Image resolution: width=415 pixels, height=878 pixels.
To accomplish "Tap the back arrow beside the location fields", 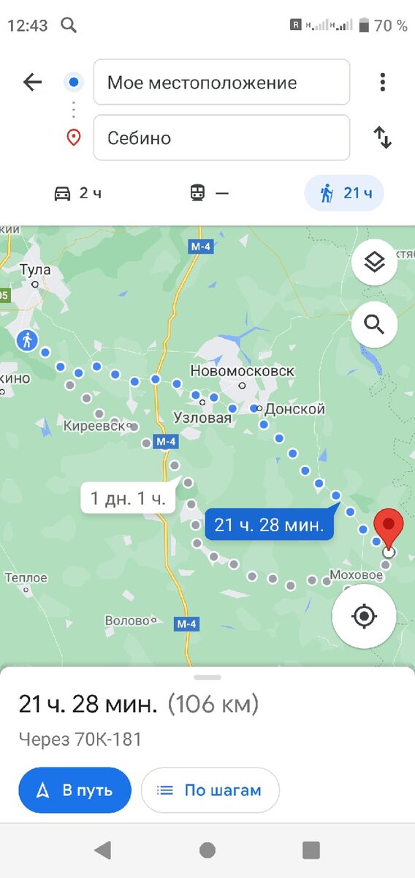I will (33, 82).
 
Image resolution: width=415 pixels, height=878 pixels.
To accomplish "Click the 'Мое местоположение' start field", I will (221, 83).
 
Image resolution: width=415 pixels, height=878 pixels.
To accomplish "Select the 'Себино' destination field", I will (221, 138).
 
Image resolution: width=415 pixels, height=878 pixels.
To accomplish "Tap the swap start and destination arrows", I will (383, 138).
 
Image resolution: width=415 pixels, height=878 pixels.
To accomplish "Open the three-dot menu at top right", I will (382, 82).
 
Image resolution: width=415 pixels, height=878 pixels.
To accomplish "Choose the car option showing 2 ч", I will (78, 193).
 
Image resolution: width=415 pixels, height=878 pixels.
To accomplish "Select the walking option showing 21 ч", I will (344, 193).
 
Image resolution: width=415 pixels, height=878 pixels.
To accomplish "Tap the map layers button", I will (374, 262).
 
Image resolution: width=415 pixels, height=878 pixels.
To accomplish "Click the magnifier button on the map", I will (374, 324).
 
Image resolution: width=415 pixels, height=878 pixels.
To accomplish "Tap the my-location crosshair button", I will (364, 616).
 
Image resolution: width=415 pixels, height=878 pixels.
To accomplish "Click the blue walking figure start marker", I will (28, 340).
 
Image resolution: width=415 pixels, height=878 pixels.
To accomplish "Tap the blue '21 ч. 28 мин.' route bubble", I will (269, 525).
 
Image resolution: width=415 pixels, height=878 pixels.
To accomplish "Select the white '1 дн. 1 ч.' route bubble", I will (128, 499).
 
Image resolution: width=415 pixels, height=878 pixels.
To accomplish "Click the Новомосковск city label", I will (242, 371).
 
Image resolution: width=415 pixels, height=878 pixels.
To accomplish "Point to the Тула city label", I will (35, 270).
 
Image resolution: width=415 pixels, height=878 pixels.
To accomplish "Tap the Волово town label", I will (127, 620).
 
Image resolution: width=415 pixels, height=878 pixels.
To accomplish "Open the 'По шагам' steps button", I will (210, 790).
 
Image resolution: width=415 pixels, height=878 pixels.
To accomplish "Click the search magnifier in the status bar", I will (69, 26).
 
